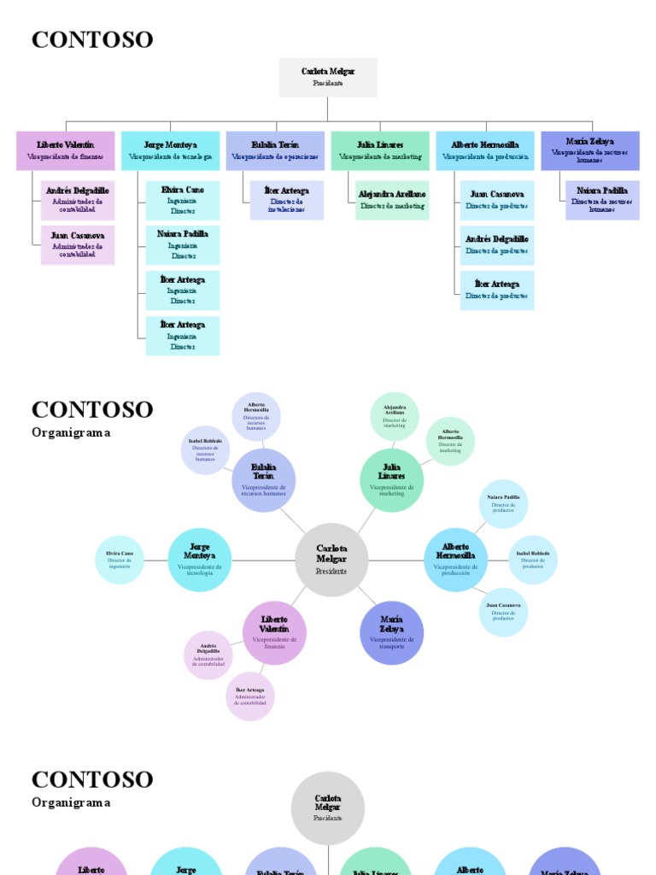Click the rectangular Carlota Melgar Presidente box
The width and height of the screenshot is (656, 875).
tap(328, 77)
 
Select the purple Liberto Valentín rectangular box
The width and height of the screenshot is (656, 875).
tap(66, 150)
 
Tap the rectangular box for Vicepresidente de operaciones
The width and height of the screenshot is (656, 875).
tap(275, 150)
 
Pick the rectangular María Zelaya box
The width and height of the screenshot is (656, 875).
tap(589, 150)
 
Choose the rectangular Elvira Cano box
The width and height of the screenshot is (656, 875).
tap(182, 200)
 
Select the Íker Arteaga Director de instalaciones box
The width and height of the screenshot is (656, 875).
tap(286, 200)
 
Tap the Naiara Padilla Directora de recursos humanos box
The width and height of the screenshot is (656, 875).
tap(601, 200)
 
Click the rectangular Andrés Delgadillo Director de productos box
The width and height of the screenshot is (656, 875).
tap(497, 245)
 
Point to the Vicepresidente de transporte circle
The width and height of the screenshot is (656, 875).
tap(392, 632)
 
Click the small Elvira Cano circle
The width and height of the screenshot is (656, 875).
tap(120, 560)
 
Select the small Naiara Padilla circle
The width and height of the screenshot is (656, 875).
tap(503, 504)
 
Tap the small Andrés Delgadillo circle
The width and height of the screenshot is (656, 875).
tap(208, 655)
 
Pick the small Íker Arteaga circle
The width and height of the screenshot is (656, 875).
tap(250, 696)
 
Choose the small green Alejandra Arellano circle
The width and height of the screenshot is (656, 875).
tap(395, 416)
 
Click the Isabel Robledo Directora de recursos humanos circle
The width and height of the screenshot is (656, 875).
tap(205, 449)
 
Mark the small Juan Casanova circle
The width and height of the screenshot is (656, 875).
tap(503, 612)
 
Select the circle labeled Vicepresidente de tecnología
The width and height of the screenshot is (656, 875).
tap(200, 560)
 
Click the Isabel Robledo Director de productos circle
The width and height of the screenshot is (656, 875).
tap(533, 560)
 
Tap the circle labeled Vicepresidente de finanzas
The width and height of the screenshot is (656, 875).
tap(274, 632)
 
